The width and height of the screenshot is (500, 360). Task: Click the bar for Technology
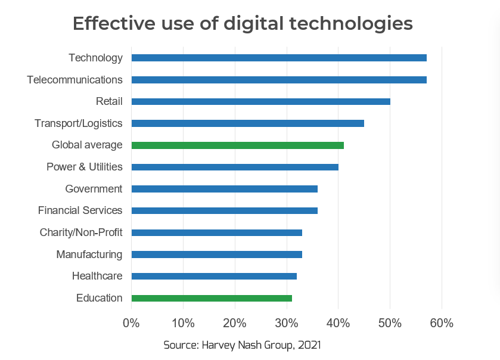click(x=279, y=58)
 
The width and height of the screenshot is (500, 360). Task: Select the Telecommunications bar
click(x=279, y=80)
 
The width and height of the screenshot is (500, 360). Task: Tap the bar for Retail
click(x=260, y=101)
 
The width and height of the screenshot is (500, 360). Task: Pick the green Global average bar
click(x=237, y=145)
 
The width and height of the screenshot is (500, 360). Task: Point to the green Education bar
click(x=212, y=298)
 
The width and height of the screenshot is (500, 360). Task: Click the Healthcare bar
click(x=214, y=276)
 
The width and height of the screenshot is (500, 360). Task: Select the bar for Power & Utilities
click(x=235, y=167)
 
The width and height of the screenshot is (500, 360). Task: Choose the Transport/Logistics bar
click(x=247, y=123)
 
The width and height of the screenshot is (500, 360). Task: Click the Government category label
click(x=94, y=189)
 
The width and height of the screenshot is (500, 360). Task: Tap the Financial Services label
click(x=80, y=210)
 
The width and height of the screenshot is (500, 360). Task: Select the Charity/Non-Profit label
click(x=81, y=232)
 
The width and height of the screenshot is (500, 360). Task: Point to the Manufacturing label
click(x=89, y=255)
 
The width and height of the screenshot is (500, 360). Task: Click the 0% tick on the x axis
click(x=131, y=324)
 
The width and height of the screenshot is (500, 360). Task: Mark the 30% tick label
click(x=287, y=324)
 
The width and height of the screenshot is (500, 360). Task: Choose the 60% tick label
click(x=442, y=324)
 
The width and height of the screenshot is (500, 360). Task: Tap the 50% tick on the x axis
click(x=390, y=324)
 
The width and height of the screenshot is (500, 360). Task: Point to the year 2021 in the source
click(x=310, y=345)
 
